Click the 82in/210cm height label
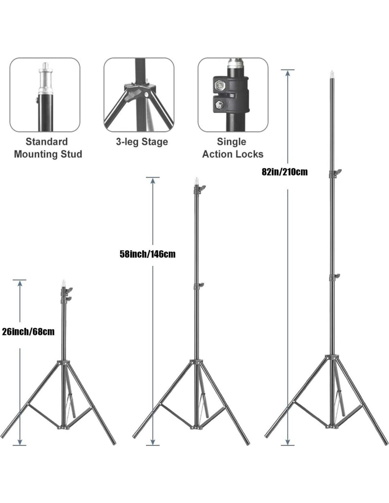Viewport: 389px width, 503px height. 285,172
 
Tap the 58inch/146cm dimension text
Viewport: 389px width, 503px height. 147,254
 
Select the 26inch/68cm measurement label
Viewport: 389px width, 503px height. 28,332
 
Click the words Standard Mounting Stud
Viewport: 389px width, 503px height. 48,148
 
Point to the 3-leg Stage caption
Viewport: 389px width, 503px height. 142,142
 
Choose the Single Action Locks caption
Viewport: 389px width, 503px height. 232,148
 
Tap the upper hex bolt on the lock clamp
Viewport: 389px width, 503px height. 220,85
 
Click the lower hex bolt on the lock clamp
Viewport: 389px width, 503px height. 219,105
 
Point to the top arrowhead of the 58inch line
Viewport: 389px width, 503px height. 153,180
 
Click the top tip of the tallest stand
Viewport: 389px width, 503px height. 332,73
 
